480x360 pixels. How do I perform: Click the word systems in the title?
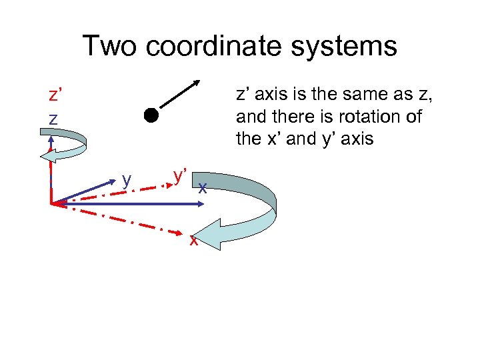click(353, 46)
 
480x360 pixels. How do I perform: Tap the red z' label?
click(56, 95)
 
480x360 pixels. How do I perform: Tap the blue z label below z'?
click(53, 118)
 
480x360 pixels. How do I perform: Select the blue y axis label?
click(127, 179)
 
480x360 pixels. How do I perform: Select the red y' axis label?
click(179, 175)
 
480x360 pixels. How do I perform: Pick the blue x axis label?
click(202, 188)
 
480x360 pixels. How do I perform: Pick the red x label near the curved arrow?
click(193, 240)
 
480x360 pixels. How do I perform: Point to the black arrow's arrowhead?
click(197, 84)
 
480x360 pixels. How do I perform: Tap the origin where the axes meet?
click(52, 203)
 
